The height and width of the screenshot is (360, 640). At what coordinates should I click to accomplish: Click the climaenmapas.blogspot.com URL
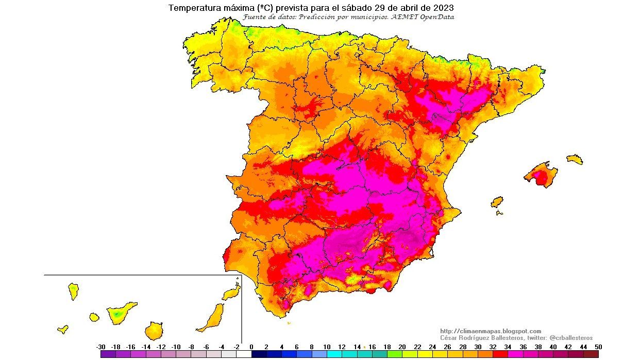[x=491, y=331]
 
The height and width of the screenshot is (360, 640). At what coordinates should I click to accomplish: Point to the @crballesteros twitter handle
[x=571, y=338]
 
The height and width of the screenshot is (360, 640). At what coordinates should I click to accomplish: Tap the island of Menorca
[x=575, y=159]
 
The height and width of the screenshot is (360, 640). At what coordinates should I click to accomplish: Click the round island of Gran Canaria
[x=154, y=330]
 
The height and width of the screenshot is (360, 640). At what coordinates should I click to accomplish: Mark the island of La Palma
[x=73, y=291]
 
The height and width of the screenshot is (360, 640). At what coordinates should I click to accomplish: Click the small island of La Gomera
[x=94, y=317]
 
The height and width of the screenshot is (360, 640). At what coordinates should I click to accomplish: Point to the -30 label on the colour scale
[x=101, y=347]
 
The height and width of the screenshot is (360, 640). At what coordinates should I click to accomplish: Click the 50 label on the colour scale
[x=598, y=347]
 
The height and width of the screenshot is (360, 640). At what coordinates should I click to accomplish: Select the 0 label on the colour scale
[x=251, y=347]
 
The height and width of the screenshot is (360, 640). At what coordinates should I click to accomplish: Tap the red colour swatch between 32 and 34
[x=500, y=354]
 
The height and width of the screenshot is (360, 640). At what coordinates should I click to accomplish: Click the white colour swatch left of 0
[x=244, y=354]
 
